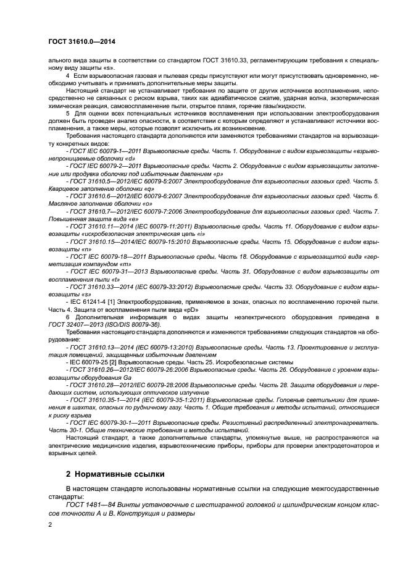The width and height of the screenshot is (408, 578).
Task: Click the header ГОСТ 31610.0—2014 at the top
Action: click(x=81, y=41)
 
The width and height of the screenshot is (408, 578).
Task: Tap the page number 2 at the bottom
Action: click(x=51, y=524)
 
